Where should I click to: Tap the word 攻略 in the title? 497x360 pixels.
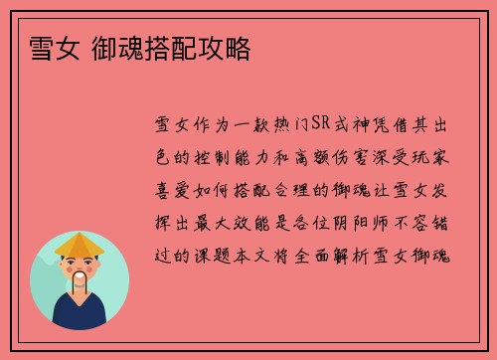click(x=229, y=47)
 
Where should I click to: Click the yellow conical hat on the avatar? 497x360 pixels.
click(x=80, y=244)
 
